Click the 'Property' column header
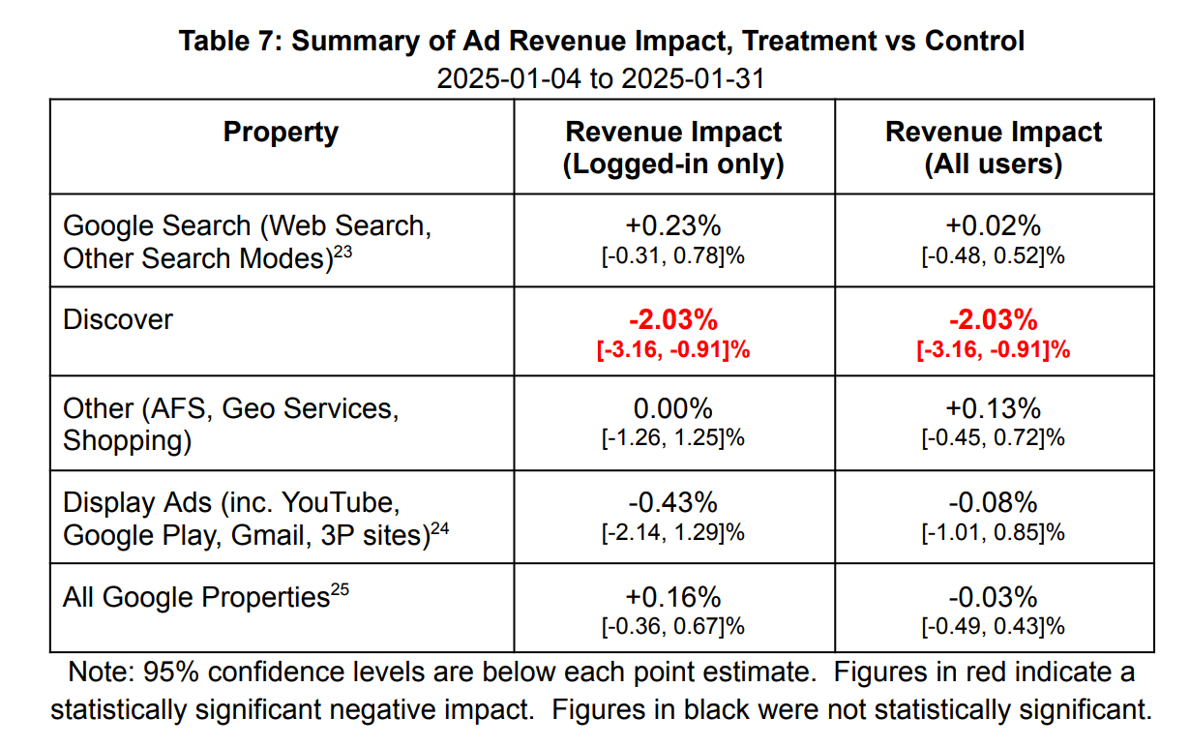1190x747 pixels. click(281, 132)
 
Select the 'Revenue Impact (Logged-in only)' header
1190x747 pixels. click(673, 147)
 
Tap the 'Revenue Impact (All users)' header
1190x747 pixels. click(994, 147)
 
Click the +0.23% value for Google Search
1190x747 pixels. click(673, 225)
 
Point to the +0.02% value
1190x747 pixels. click(994, 225)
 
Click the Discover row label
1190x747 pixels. click(117, 319)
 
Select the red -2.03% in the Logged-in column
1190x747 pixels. click(673, 319)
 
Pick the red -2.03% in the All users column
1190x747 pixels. click(994, 319)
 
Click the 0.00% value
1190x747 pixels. click(673, 407)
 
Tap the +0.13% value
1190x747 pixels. click(994, 407)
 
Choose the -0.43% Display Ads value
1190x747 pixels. click(673, 502)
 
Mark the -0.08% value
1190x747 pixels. click(994, 502)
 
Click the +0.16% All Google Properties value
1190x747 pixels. click(673, 596)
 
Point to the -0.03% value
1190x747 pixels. click(994, 596)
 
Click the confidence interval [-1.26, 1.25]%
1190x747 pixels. click(673, 437)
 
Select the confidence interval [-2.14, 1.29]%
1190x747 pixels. click(673, 532)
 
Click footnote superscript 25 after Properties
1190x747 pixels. click(339, 589)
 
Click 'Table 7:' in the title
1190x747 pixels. click(230, 42)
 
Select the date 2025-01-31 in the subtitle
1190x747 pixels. click(692, 77)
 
